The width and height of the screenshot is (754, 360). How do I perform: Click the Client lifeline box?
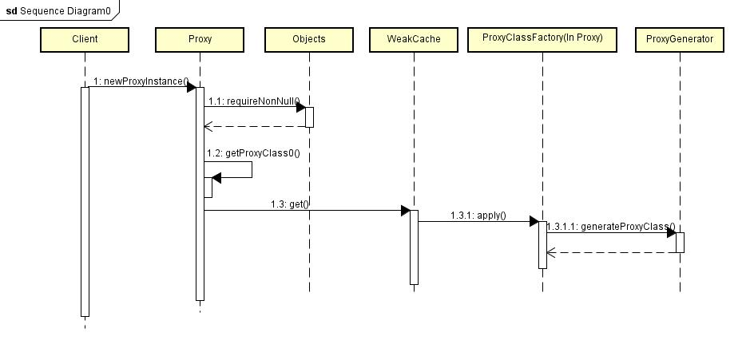pyautogui.click(x=85, y=39)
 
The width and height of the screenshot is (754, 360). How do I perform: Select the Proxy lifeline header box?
pyautogui.click(x=200, y=39)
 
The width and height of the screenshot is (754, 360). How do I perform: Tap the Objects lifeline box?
pyautogui.click(x=309, y=39)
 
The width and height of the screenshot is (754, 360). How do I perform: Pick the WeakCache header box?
pyautogui.click(x=414, y=39)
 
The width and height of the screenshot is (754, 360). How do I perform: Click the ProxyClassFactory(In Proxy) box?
pyautogui.click(x=542, y=38)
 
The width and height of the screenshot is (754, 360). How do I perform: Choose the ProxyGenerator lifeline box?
pyautogui.click(x=680, y=39)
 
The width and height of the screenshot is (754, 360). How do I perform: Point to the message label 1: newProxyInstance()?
pyautogui.click(x=140, y=81)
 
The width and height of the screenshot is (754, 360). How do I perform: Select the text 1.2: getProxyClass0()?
pyautogui.click(x=253, y=152)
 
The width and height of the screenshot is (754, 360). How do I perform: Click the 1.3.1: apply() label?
pyautogui.click(x=478, y=216)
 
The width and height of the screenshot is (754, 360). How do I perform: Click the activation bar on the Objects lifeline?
pyautogui.click(x=309, y=117)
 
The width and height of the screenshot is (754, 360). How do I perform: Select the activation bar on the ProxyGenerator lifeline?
pyautogui.click(x=680, y=242)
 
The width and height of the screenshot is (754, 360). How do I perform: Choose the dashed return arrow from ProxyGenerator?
pyautogui.click(x=611, y=252)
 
